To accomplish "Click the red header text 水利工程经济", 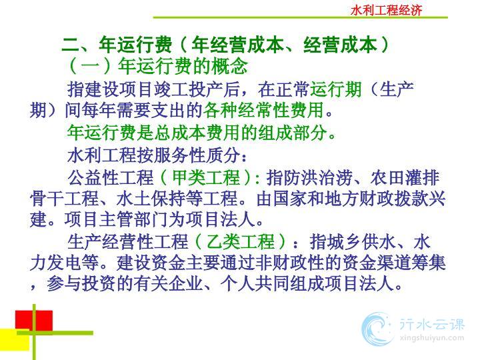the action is [x=386, y=10].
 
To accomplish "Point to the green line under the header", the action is [x=300, y=17].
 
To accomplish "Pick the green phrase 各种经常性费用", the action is [x=263, y=110].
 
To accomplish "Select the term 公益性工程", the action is [x=111, y=177].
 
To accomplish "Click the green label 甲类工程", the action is [x=206, y=177].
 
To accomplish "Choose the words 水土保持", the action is [x=151, y=199].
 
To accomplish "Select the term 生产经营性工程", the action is [x=127, y=241].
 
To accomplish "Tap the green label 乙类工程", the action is [x=241, y=241].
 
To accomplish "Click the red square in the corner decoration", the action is [x=34, y=321].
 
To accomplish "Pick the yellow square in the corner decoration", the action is [x=15, y=339].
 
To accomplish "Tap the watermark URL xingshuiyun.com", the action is [x=431, y=338].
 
